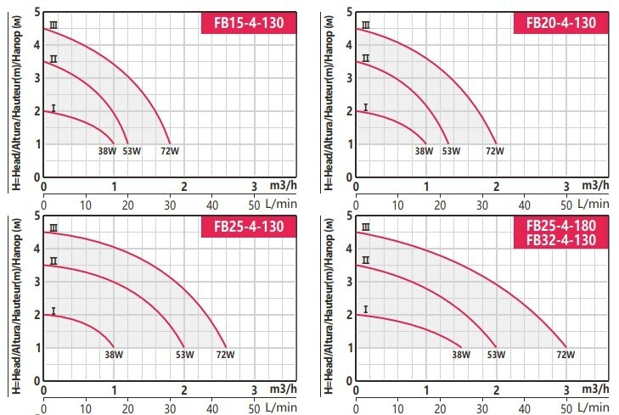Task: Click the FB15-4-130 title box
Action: [249, 21]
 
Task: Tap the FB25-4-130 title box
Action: [249, 227]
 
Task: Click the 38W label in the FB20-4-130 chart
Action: [423, 152]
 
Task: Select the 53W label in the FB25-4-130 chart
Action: [184, 355]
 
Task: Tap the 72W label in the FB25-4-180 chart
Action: [565, 355]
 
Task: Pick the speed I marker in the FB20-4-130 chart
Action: [366, 108]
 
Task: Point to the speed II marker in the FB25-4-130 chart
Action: [53, 261]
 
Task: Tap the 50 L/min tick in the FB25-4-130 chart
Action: [253, 407]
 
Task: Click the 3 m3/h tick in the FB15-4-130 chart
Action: [253, 186]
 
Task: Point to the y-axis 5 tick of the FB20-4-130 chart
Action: [347, 10]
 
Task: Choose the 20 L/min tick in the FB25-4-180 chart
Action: [440, 407]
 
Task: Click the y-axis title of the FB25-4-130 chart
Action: [16, 306]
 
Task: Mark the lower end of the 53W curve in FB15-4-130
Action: [128, 143]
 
